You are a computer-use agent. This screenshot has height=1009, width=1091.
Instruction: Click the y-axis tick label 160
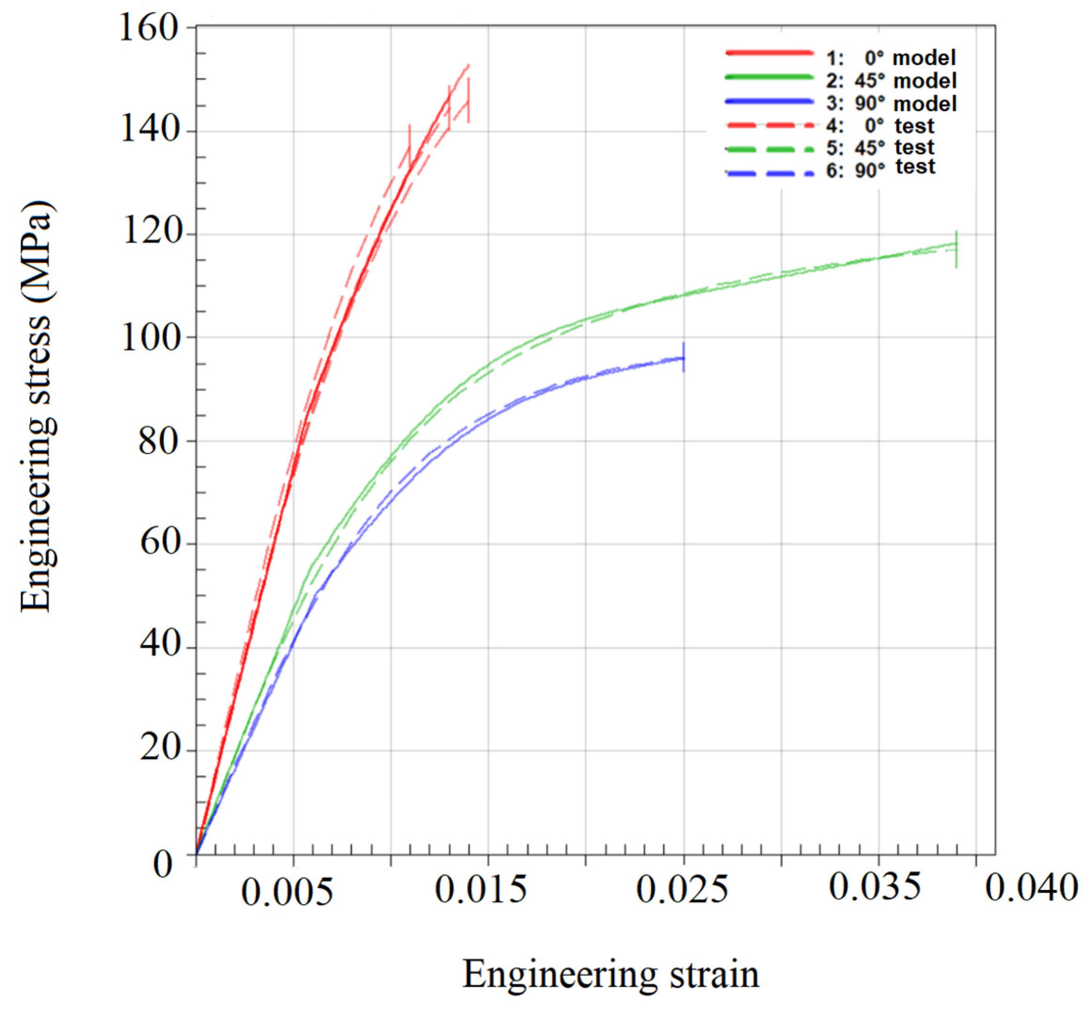(149, 28)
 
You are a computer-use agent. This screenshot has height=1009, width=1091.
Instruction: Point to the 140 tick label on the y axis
(149, 132)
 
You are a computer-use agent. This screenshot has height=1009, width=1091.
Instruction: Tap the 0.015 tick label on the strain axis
(480, 890)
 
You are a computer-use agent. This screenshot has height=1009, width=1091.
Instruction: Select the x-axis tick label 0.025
(682, 890)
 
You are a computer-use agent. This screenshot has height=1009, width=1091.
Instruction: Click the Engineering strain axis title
(611, 975)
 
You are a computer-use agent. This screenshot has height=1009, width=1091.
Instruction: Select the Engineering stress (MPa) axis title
(37, 407)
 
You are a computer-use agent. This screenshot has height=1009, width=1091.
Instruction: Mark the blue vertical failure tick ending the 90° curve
(683, 358)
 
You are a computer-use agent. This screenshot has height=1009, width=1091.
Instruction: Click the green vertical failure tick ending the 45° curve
(956, 249)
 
